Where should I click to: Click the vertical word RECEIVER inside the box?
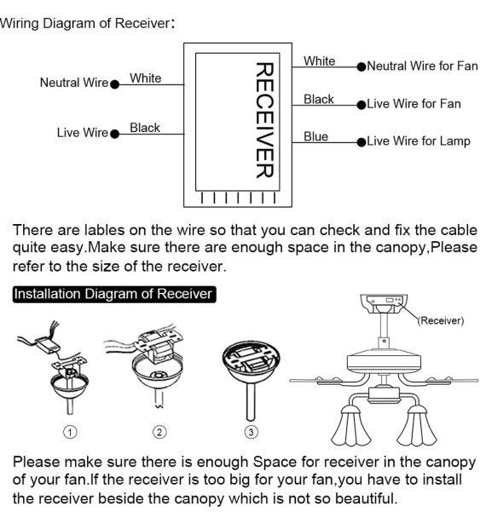(x=263, y=120)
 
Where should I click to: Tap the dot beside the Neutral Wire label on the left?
(x=114, y=83)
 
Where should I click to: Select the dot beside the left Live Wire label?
(x=114, y=133)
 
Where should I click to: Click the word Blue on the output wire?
(x=315, y=136)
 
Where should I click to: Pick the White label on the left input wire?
(x=145, y=78)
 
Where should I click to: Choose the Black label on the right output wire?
(x=319, y=100)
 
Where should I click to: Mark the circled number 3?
(x=251, y=431)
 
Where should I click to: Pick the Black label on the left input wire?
(x=145, y=128)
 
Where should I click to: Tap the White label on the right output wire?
(x=320, y=61)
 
